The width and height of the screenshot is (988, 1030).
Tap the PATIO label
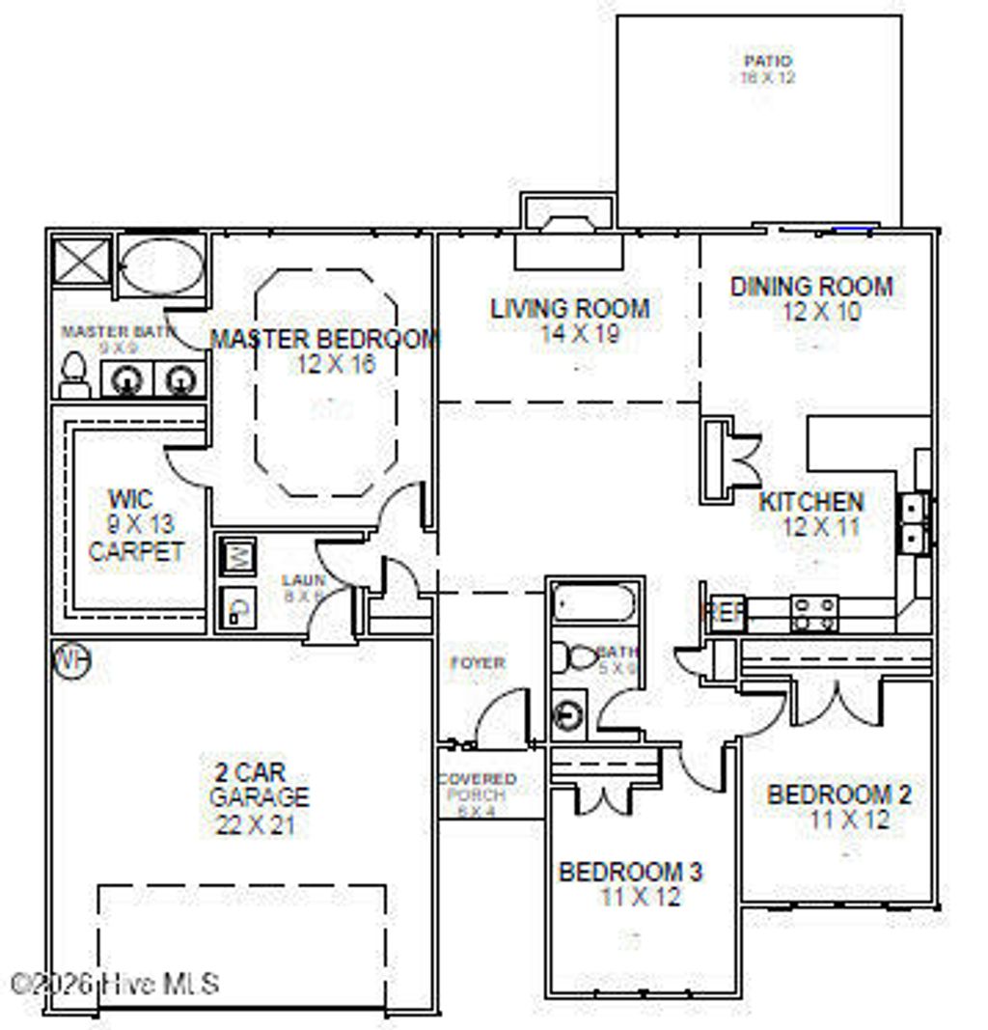tap(768, 62)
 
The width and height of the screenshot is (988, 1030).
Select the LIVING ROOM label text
tap(570, 309)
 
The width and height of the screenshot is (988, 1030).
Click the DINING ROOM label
tap(811, 287)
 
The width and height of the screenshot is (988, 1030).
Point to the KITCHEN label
tap(811, 502)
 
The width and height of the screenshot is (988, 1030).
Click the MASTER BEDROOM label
tap(324, 339)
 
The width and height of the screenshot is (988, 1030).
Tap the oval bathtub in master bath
tap(161, 265)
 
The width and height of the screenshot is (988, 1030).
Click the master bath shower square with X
tap(82, 260)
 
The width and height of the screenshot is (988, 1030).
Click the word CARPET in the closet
tap(135, 552)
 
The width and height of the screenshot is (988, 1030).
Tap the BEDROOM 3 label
tap(631, 872)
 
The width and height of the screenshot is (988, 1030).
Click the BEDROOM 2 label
tap(838, 794)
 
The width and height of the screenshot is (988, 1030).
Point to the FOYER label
tap(478, 663)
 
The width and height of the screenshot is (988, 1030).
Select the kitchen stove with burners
tap(814, 613)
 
